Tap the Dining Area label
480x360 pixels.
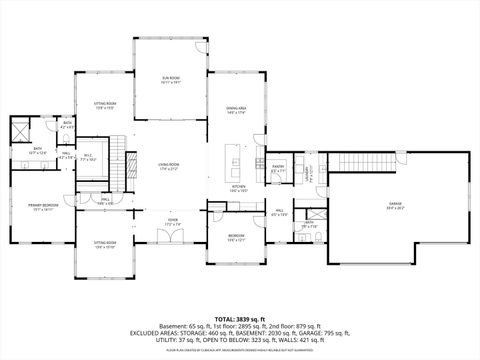tap(236, 111)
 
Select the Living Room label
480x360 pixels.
tap(168, 166)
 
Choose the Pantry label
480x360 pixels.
tap(279, 169)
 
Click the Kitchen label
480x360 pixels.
tap(240, 188)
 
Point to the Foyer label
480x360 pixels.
tap(172, 221)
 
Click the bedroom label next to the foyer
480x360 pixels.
tap(236, 238)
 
